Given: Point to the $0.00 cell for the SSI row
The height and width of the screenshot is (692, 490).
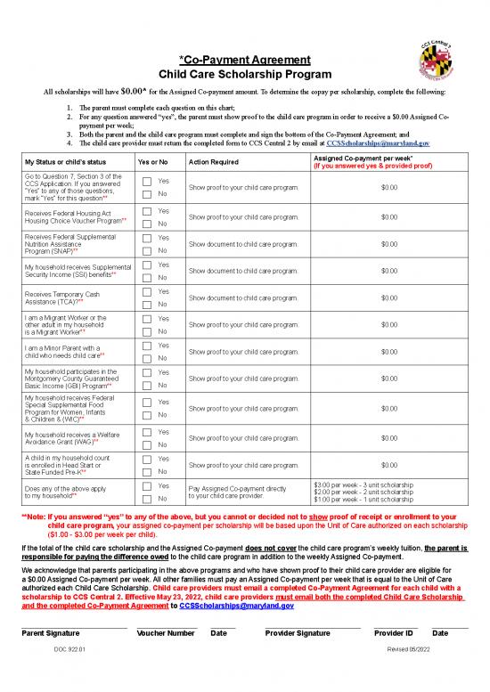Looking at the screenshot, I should pyautogui.click(x=389, y=271).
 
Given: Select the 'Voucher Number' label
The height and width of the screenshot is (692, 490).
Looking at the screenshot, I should pyautogui.click(x=166, y=607).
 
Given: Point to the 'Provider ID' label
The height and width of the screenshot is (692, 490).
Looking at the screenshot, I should pyautogui.click(x=393, y=607).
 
